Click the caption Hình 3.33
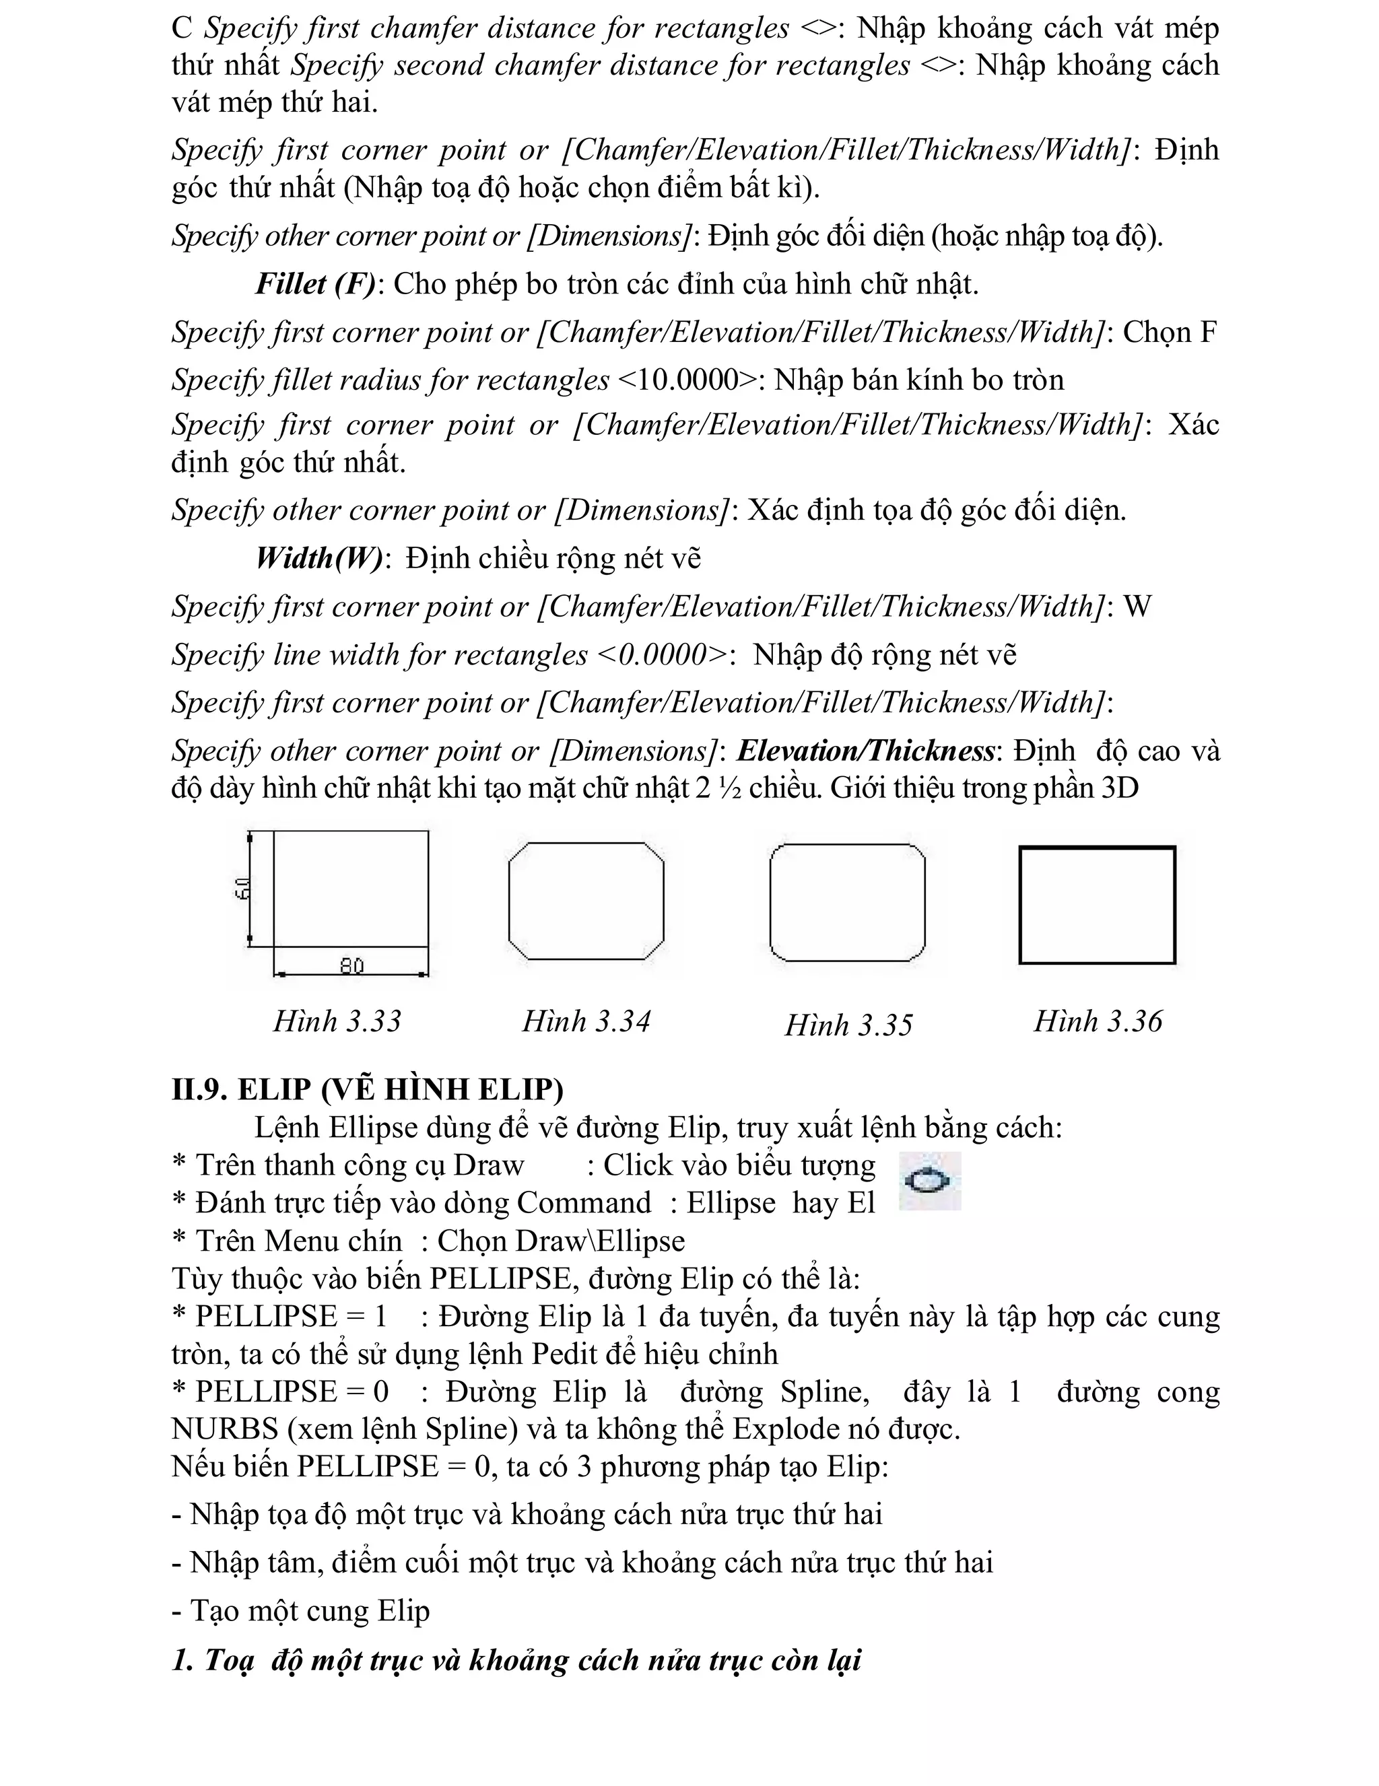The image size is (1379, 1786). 337,1021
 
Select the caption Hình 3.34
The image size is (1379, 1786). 586,1021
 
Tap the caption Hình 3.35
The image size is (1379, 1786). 848,1025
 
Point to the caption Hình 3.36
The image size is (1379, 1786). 1097,1021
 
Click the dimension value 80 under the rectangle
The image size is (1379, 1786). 351,966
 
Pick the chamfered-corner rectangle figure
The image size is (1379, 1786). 586,900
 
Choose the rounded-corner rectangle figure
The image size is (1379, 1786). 847,902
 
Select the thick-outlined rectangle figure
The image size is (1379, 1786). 1097,905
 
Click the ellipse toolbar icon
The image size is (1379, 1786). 929,1181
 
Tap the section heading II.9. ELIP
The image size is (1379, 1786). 367,1089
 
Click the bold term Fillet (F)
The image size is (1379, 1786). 316,284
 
